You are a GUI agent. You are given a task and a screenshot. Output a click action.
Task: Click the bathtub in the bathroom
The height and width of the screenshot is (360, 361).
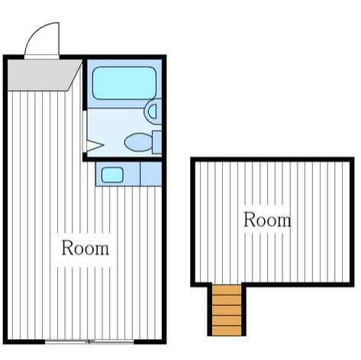124,83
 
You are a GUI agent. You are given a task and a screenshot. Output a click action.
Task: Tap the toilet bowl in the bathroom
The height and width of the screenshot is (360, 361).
139,142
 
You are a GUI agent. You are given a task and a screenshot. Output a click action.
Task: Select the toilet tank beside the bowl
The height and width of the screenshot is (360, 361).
157,142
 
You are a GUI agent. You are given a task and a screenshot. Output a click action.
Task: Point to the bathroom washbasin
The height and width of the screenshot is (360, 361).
153,111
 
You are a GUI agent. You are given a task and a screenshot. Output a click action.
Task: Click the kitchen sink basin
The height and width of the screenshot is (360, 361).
112,175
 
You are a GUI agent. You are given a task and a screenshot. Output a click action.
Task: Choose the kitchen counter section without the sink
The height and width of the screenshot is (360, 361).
151,174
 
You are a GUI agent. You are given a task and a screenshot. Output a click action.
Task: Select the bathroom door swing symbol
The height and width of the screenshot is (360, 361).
95,146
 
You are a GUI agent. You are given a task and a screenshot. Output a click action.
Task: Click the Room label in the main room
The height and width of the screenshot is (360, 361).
85,248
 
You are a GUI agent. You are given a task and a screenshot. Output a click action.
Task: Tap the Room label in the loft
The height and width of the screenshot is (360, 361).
267,220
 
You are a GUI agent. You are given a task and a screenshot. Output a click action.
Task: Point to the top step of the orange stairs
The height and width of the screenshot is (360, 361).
227,290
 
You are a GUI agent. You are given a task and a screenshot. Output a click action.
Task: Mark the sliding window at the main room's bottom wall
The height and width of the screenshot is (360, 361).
89,342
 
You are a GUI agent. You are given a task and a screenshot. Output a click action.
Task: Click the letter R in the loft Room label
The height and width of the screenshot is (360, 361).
250,220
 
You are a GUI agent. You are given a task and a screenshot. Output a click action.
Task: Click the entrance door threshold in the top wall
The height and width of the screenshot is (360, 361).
42,57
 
